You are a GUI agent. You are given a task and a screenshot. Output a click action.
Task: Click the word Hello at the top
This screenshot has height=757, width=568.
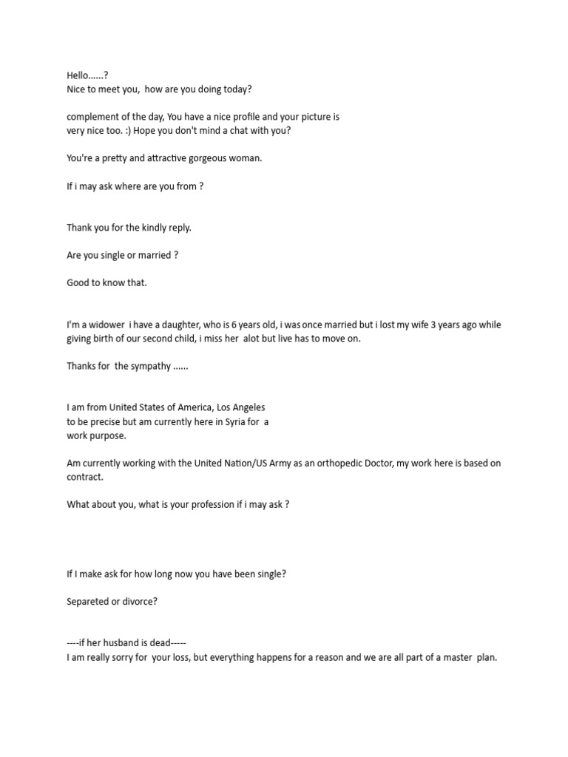tap(78, 75)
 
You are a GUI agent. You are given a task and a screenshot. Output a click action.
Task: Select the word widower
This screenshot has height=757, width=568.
tap(106, 325)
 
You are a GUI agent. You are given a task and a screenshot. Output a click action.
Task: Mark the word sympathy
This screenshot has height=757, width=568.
tap(152, 366)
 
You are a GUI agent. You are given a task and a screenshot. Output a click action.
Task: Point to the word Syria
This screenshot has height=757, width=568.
tap(234, 421)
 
